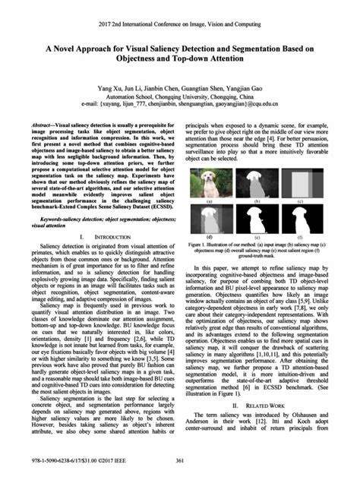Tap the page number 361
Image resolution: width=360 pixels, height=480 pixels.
pos(180,463)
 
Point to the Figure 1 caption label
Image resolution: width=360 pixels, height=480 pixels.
pos(210,246)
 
